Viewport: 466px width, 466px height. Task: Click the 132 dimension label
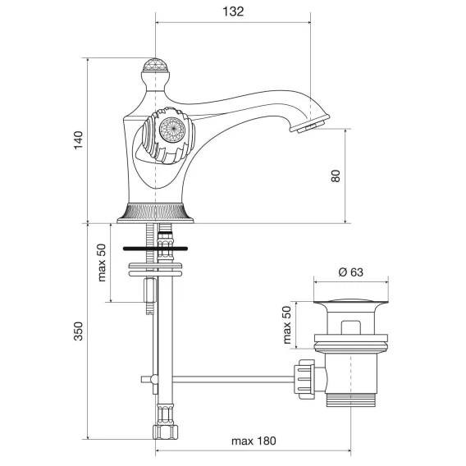tap(233, 11)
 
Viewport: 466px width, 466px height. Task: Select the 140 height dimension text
tap(79, 140)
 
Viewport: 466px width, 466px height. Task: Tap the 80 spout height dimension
tap(336, 176)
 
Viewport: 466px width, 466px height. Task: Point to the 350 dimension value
tap(79, 331)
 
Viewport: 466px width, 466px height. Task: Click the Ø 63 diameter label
tap(350, 272)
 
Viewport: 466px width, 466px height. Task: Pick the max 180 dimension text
tap(254, 441)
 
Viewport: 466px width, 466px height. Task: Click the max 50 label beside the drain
tap(287, 325)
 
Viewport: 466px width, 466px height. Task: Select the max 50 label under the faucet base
tap(102, 263)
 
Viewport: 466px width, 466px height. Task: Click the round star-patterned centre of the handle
tap(172, 130)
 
